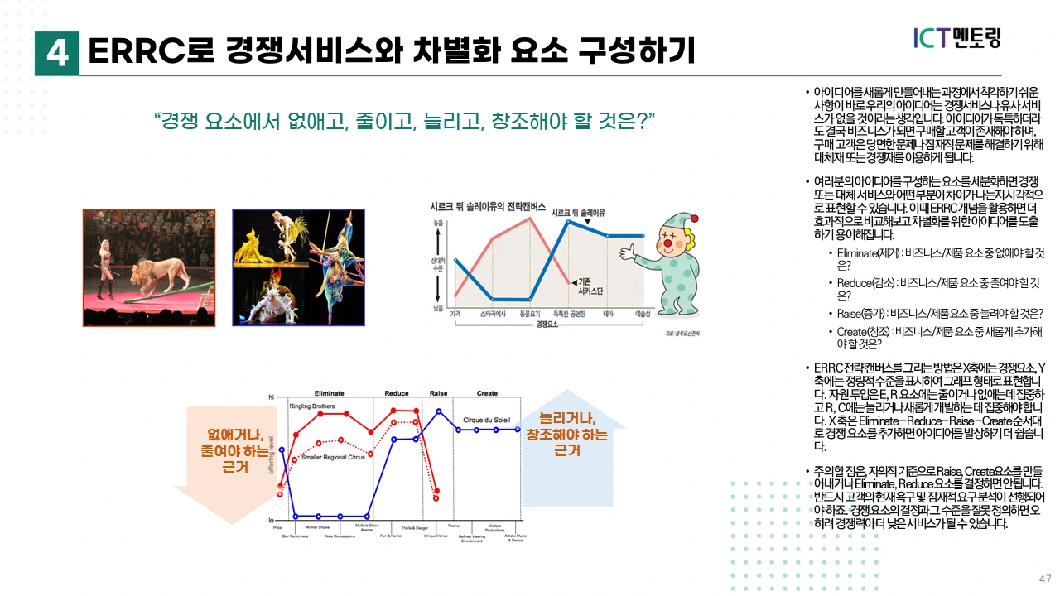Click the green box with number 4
tap(57, 53)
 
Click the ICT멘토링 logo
tap(957, 38)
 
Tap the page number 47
tap(1045, 578)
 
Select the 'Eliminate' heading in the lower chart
tap(330, 392)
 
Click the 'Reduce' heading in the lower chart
tap(397, 392)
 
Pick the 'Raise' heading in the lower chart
tap(438, 392)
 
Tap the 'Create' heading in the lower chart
tap(487, 392)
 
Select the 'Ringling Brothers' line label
tap(312, 406)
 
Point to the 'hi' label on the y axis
tap(271, 398)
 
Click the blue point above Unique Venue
tap(438, 411)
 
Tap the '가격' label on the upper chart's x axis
tap(455, 315)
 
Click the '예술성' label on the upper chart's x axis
tap(643, 315)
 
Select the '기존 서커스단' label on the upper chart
tap(589, 286)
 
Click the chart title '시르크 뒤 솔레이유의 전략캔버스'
tap(488, 206)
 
